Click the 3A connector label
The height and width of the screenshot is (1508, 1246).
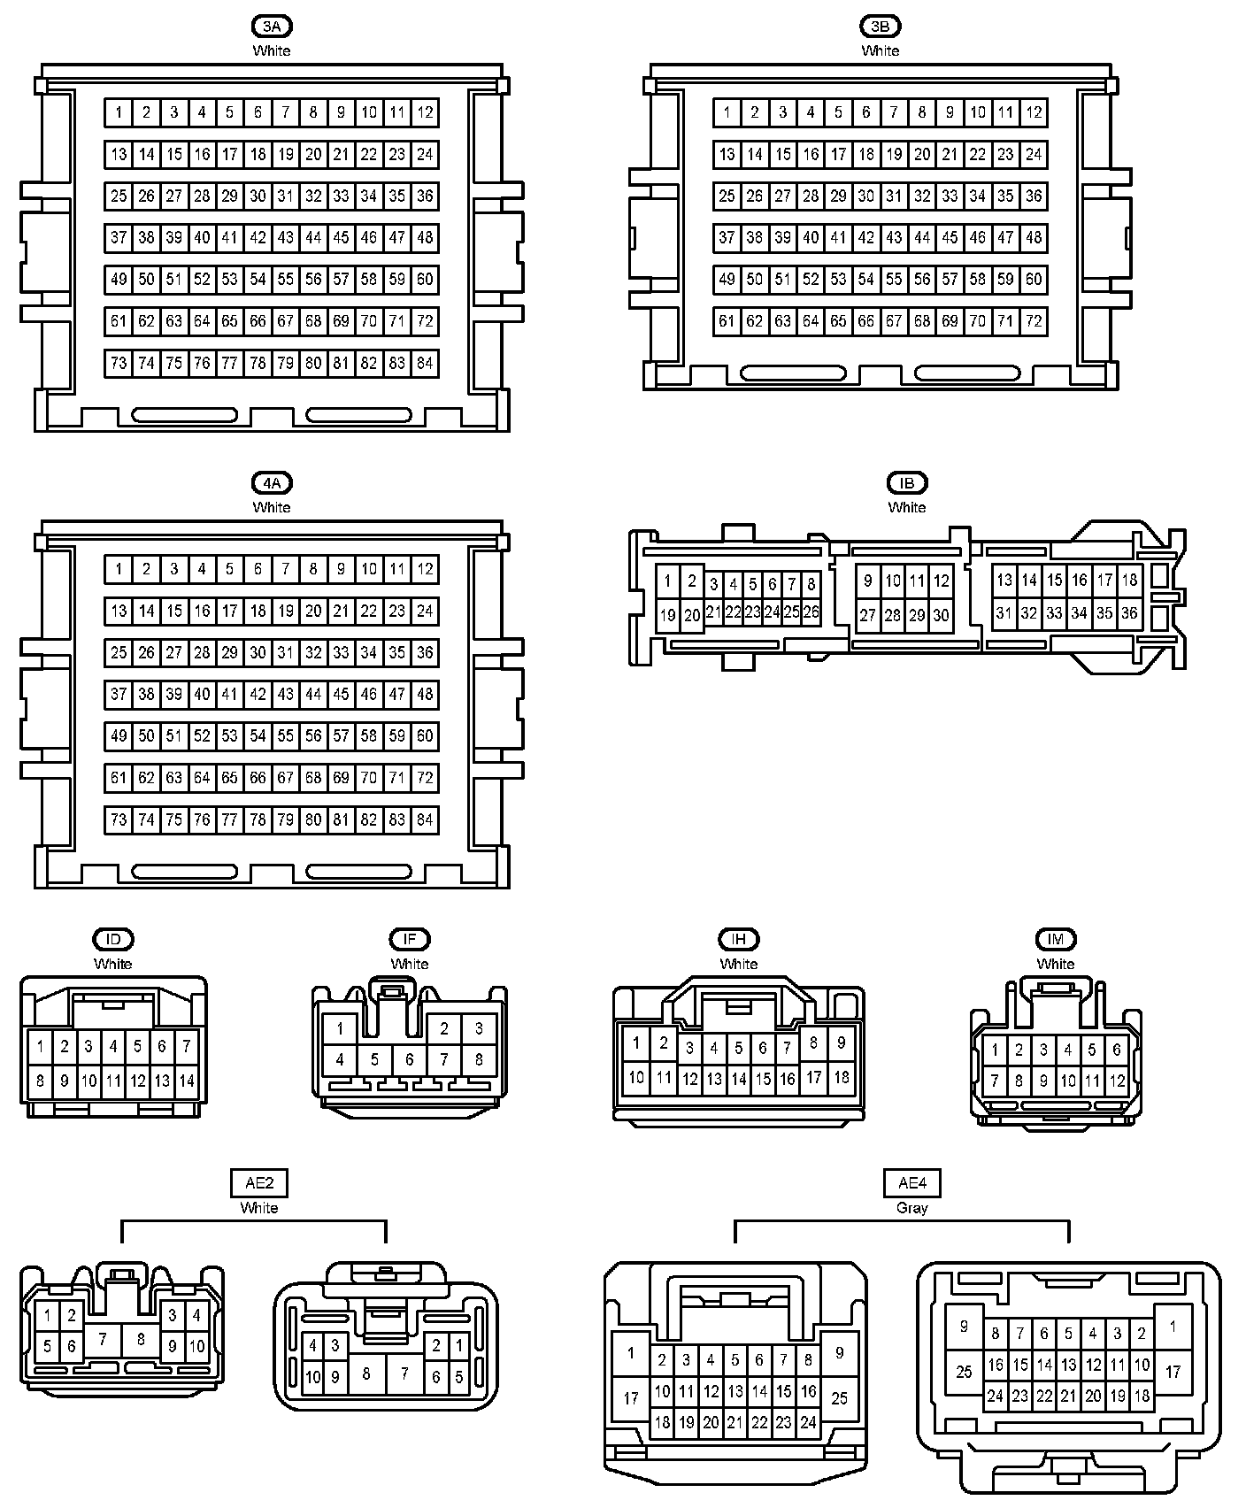(271, 27)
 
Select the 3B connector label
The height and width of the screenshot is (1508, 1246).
(880, 27)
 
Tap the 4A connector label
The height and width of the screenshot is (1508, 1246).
(271, 483)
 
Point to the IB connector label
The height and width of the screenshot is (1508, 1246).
(906, 483)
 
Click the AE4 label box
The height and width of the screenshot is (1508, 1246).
(912, 1183)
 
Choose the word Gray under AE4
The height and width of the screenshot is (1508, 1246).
(912, 1208)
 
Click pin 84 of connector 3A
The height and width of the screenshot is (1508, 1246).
(425, 363)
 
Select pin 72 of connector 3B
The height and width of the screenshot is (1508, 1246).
(1034, 321)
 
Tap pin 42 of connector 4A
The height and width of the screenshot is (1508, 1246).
(258, 695)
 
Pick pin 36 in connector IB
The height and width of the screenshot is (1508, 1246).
(1129, 612)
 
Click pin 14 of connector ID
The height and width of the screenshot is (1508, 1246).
(187, 1081)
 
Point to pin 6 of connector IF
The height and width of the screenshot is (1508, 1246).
(409, 1058)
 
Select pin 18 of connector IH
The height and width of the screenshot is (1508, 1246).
(841, 1077)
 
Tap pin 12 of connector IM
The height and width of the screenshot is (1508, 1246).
(1117, 1081)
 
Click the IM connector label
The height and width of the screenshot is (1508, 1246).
(1055, 940)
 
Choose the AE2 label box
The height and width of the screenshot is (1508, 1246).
(259, 1183)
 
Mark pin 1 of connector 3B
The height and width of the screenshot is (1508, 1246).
(727, 112)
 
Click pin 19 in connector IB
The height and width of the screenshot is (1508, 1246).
(668, 615)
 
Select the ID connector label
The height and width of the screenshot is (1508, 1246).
(112, 940)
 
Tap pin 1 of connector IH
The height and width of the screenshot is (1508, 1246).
(635, 1043)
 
